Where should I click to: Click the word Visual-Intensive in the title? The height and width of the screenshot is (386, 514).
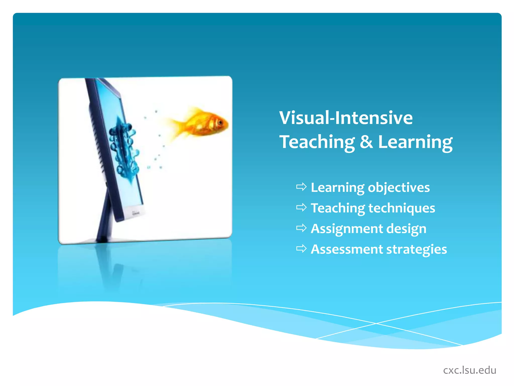click(346, 118)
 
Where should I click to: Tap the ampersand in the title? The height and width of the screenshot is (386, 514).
click(366, 142)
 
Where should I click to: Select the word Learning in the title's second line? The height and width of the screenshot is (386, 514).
click(415, 142)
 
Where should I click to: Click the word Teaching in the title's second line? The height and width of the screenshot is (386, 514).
click(317, 142)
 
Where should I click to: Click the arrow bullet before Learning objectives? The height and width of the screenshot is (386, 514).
click(301, 187)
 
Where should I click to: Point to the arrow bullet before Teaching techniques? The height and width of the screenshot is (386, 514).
click(301, 207)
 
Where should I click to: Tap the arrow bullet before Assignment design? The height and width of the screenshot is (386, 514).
click(301, 228)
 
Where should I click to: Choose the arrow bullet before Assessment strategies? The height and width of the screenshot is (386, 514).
click(301, 249)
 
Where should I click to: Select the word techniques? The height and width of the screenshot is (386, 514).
click(402, 208)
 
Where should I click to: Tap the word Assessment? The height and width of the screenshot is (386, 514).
click(347, 249)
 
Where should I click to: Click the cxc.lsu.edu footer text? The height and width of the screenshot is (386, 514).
click(470, 370)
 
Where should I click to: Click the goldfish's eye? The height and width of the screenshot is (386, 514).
click(220, 122)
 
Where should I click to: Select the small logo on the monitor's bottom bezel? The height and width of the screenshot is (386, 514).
click(136, 213)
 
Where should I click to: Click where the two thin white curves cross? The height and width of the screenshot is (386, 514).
click(376, 323)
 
